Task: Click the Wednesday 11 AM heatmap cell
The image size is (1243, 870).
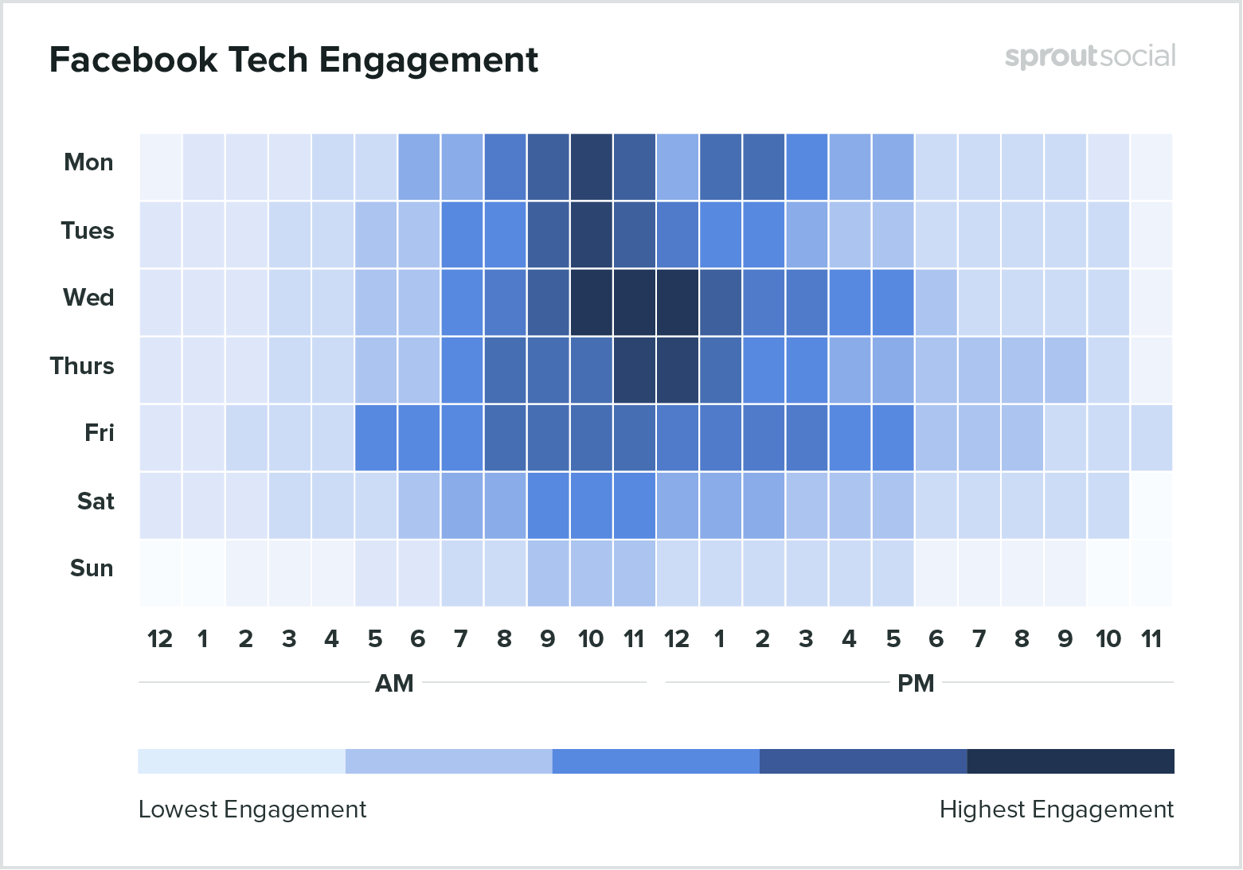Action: [634, 302]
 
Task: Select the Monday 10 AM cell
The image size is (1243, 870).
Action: [591, 167]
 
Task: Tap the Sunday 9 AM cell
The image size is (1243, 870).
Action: [548, 573]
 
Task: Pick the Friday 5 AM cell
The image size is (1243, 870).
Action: [376, 438]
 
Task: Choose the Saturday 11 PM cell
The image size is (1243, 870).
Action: [1151, 505]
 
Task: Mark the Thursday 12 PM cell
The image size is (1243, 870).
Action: [677, 370]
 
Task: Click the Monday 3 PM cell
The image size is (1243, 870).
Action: [807, 167]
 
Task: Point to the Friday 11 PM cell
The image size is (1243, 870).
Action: [1151, 438]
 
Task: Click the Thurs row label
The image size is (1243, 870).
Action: [82, 366]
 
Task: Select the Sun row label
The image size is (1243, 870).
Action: [92, 568]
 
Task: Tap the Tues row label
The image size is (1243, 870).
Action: [88, 231]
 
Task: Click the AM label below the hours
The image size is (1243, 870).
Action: [394, 684]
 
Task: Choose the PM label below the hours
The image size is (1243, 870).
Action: [916, 684]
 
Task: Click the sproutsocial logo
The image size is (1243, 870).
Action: [1089, 57]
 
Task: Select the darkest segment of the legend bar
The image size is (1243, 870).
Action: [1070, 761]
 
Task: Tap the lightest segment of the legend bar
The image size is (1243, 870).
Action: [241, 761]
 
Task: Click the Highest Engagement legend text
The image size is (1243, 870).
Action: [1056, 810]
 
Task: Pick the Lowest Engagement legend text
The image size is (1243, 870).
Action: [252, 810]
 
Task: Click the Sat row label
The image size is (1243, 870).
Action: [96, 501]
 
